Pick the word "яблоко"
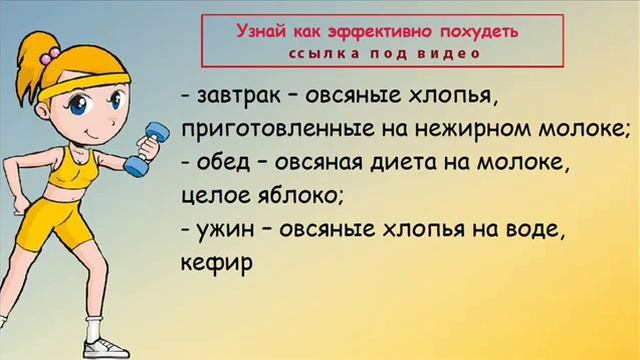(x=298, y=193)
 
